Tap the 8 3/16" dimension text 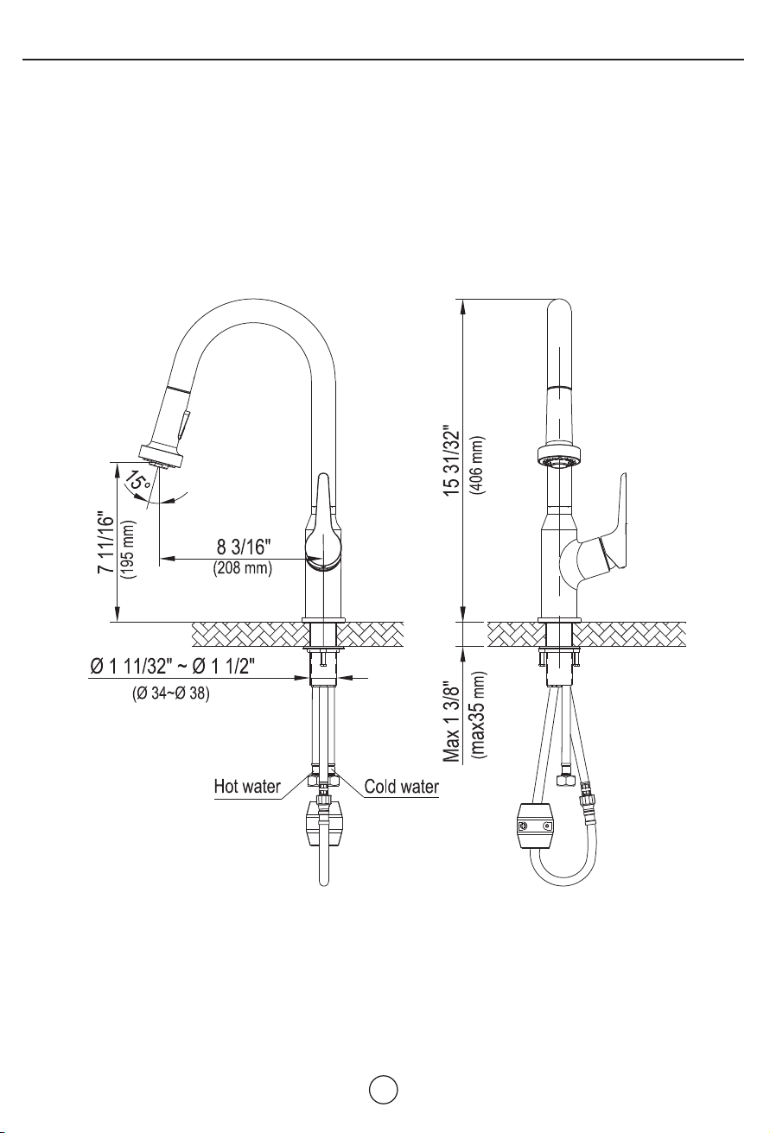(244, 547)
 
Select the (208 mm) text (243, 568)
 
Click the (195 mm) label (128, 550)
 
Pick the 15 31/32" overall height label (452, 462)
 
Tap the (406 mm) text (477, 465)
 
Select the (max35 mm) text (479, 715)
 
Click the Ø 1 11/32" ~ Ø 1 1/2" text (172, 668)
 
